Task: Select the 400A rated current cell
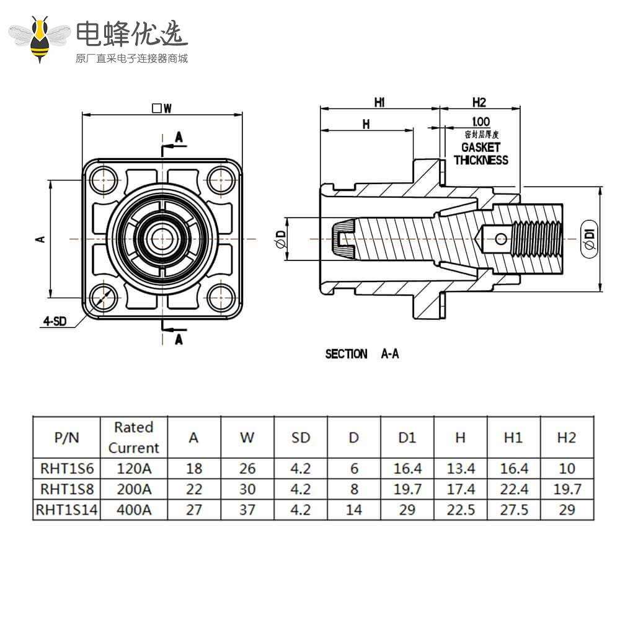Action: tap(133, 510)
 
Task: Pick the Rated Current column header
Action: tap(133, 437)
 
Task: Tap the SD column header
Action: tap(300, 437)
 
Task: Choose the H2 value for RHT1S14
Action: tap(566, 510)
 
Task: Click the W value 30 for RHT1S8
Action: tap(247, 489)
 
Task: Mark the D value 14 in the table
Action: tap(353, 510)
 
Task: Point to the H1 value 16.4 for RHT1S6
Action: tap(513, 468)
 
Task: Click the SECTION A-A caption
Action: tap(362, 354)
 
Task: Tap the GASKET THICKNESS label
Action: tap(480, 154)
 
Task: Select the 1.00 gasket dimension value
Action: tap(480, 122)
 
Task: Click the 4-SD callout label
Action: tap(55, 321)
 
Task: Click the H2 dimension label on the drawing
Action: tap(479, 102)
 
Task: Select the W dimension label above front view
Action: tap(162, 108)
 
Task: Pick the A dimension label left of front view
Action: tap(42, 238)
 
